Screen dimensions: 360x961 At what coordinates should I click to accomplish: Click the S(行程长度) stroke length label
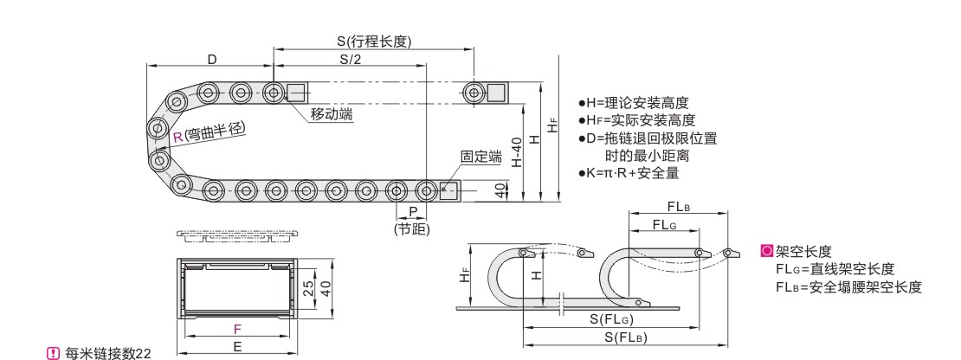374,42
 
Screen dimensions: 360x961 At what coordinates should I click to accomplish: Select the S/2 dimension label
351,59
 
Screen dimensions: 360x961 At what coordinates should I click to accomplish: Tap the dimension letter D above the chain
211,59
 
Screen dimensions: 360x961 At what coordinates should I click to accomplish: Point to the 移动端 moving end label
332,114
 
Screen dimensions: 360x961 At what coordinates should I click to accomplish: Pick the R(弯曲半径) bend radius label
209,133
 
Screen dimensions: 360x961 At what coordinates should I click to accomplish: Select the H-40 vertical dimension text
517,151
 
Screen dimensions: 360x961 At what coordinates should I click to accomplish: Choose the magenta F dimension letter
238,329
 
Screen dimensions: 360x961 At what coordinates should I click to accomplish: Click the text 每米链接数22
103,350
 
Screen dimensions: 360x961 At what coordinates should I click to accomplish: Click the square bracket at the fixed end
448,190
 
